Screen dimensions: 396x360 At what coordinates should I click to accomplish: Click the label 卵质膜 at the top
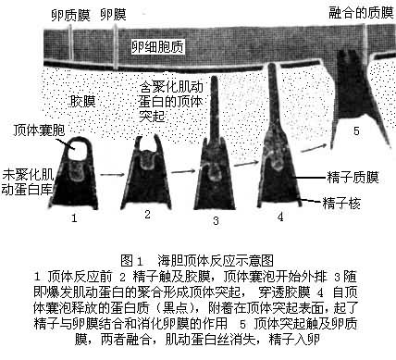(x=70, y=15)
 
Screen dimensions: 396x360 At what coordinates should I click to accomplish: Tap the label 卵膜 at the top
(x=114, y=15)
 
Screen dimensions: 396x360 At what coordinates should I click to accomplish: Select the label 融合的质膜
(x=361, y=13)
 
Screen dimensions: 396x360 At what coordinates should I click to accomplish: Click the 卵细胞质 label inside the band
(x=158, y=47)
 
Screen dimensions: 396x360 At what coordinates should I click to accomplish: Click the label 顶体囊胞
(x=39, y=130)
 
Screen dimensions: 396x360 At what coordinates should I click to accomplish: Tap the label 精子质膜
(x=353, y=178)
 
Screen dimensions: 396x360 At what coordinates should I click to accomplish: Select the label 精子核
(x=341, y=204)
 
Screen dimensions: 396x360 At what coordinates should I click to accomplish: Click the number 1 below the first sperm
(x=74, y=218)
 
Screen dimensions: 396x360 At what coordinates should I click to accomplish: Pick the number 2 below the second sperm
(x=147, y=214)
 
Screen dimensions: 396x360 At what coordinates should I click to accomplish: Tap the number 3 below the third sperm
(x=216, y=220)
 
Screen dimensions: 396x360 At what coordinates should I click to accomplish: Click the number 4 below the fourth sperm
(x=280, y=217)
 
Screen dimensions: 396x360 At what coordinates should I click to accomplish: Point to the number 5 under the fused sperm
(x=356, y=131)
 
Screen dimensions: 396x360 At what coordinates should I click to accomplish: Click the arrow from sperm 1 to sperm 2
(x=112, y=175)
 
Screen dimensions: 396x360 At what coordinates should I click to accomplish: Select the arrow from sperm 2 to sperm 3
(x=183, y=171)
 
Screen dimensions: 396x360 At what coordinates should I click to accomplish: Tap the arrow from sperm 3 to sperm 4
(x=246, y=163)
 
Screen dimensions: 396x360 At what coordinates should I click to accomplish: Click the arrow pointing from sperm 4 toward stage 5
(x=314, y=148)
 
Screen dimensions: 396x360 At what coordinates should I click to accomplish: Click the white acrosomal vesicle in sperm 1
(x=76, y=150)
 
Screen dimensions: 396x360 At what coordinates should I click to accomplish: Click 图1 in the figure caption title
(x=132, y=261)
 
